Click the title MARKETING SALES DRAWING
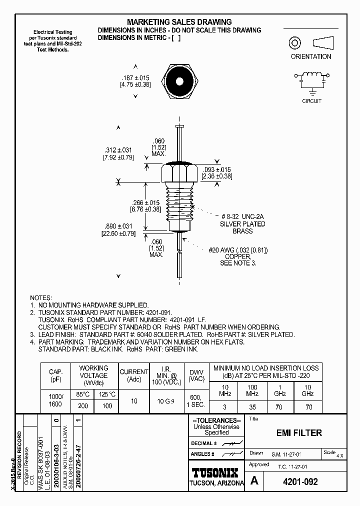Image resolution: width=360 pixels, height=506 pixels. click(179, 22)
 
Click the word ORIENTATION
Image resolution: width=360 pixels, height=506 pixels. click(310, 56)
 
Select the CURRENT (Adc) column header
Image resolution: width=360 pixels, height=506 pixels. click(133, 375)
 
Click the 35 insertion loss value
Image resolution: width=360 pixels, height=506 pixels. click(253, 407)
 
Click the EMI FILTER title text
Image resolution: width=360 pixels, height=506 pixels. click(299, 433)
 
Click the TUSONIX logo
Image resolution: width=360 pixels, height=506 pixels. click(216, 472)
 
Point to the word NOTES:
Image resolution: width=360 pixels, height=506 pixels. click(41, 297)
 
